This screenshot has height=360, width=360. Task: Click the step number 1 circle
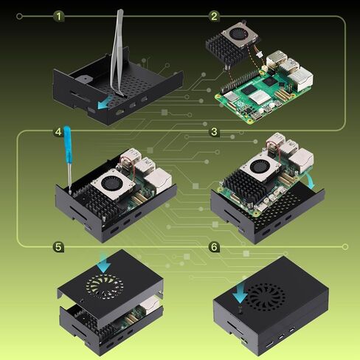coord(60,15)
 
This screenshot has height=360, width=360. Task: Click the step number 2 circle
coord(214,15)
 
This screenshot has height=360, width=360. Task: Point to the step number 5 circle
coord(58,246)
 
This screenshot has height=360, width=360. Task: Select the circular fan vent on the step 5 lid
coord(103,285)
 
